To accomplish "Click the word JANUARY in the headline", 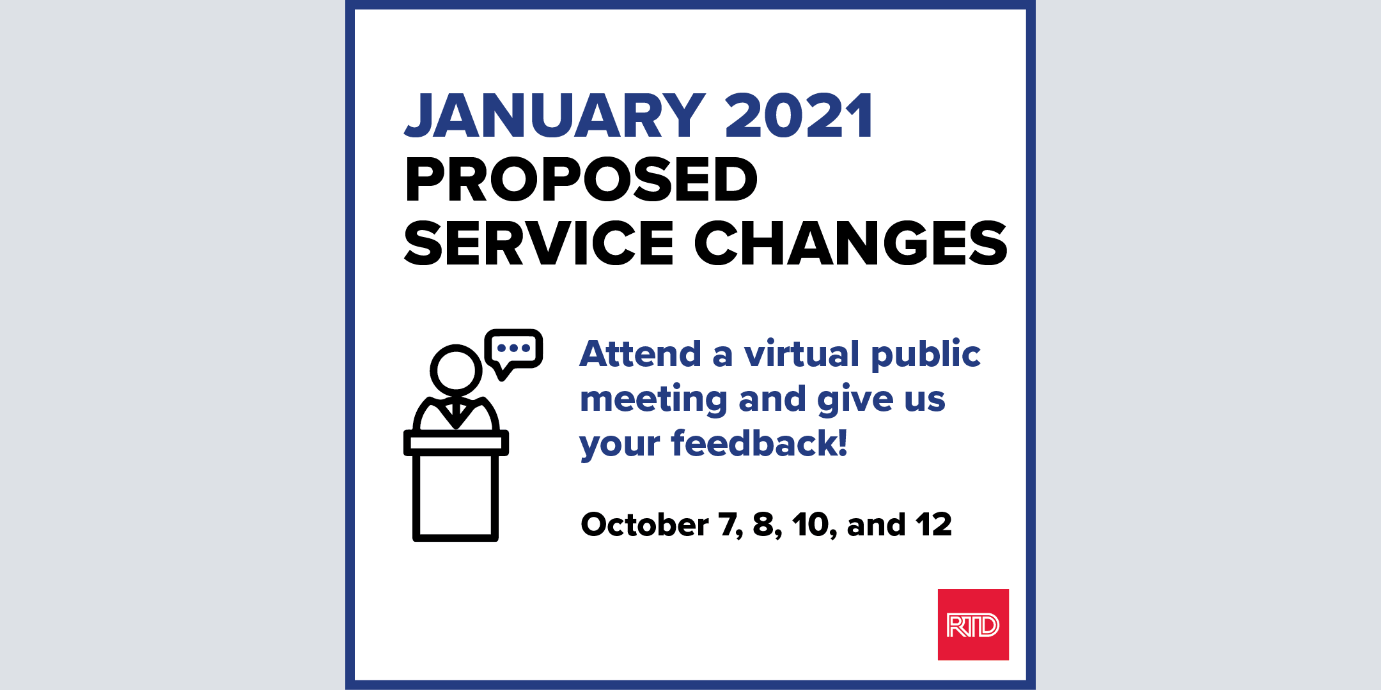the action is click(x=555, y=116).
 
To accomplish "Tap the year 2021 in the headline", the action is click(x=799, y=116).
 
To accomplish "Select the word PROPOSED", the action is click(x=581, y=180).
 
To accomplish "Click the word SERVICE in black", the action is click(x=539, y=243).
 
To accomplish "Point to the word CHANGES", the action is click(x=851, y=243).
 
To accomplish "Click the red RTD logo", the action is click(x=973, y=624).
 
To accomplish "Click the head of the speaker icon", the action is click(x=456, y=370).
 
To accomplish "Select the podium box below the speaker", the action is click(x=456, y=486).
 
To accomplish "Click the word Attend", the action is click(x=641, y=354).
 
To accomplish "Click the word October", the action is click(x=644, y=525).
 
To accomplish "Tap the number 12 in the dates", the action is click(x=933, y=525).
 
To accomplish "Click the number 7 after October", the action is click(x=728, y=525).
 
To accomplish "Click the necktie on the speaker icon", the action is click(x=455, y=414).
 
